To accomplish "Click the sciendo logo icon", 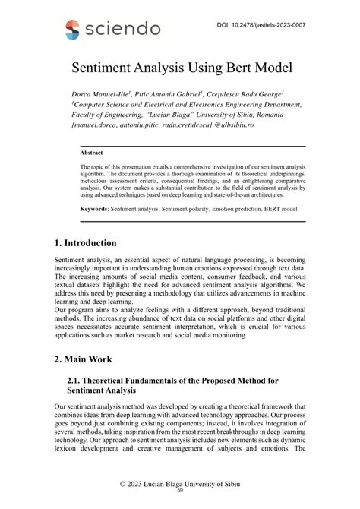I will (x=72, y=30).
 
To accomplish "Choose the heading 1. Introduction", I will (x=85, y=243).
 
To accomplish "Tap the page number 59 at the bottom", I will (x=180, y=490).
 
